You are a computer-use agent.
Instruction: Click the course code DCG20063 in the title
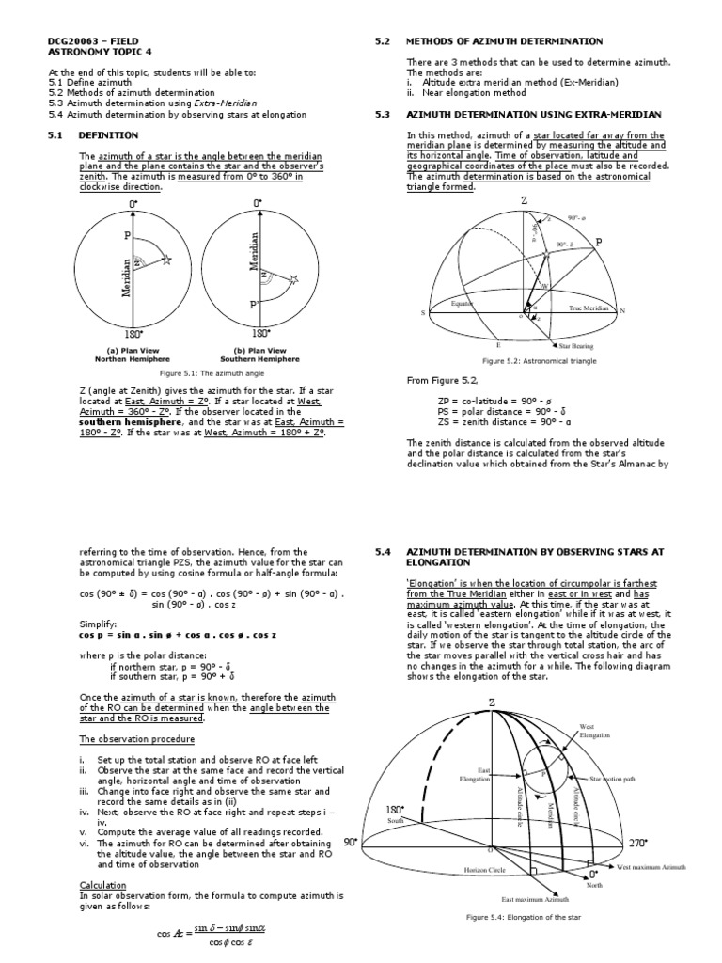click(71, 42)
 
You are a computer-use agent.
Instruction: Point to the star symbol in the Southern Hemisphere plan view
click(293, 279)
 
